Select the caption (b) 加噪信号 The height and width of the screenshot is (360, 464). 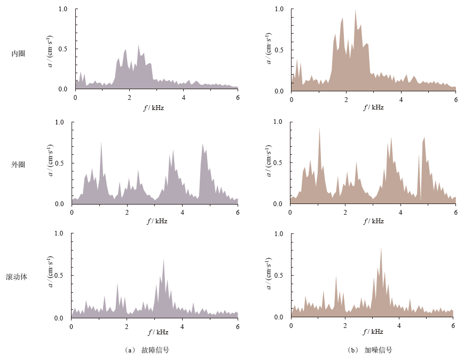pos(371,350)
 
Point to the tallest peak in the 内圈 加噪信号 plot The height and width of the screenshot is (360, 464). pos(355,10)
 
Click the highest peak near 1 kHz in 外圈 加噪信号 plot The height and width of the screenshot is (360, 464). pos(319,128)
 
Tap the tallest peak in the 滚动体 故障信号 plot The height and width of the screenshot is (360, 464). pos(163,259)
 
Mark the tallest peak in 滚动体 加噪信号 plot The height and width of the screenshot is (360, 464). pos(381,248)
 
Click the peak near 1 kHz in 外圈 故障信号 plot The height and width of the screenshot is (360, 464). pos(101,142)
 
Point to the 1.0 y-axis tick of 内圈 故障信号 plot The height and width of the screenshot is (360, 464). pos(63,10)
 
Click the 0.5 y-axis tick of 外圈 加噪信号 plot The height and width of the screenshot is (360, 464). pos(279,163)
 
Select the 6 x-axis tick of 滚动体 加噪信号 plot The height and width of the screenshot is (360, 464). pos(453,325)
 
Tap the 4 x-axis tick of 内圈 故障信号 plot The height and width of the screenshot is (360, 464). pos(184,97)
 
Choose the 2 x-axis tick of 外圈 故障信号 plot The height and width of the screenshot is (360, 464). pos(127,212)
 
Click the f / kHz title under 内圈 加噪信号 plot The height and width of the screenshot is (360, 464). pos(373,107)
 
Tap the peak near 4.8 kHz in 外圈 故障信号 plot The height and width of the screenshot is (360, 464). pos(202,144)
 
